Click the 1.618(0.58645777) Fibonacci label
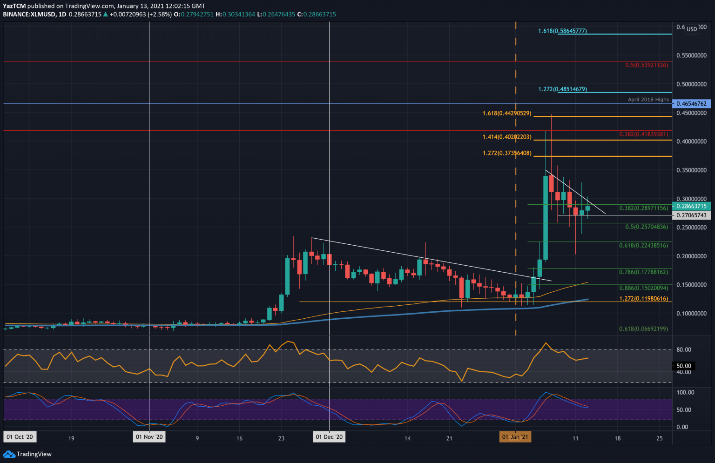point(562,31)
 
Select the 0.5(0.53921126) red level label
point(646,65)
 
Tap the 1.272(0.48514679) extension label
point(562,89)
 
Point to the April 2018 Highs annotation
point(648,100)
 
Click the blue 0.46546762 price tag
point(691,104)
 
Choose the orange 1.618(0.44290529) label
point(507,114)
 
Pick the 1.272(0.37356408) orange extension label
point(507,153)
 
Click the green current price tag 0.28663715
point(691,206)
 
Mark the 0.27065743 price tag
point(691,215)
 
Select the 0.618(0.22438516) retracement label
point(643,246)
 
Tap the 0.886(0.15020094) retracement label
point(643,288)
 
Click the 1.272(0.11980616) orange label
point(643,299)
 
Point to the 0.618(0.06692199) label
point(643,329)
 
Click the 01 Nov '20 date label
point(149,437)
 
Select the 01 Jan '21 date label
point(515,437)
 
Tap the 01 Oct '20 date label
point(19,437)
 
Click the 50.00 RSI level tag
point(684,366)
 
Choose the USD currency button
point(692,29)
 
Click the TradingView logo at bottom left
point(28,454)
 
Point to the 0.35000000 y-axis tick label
point(691,171)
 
